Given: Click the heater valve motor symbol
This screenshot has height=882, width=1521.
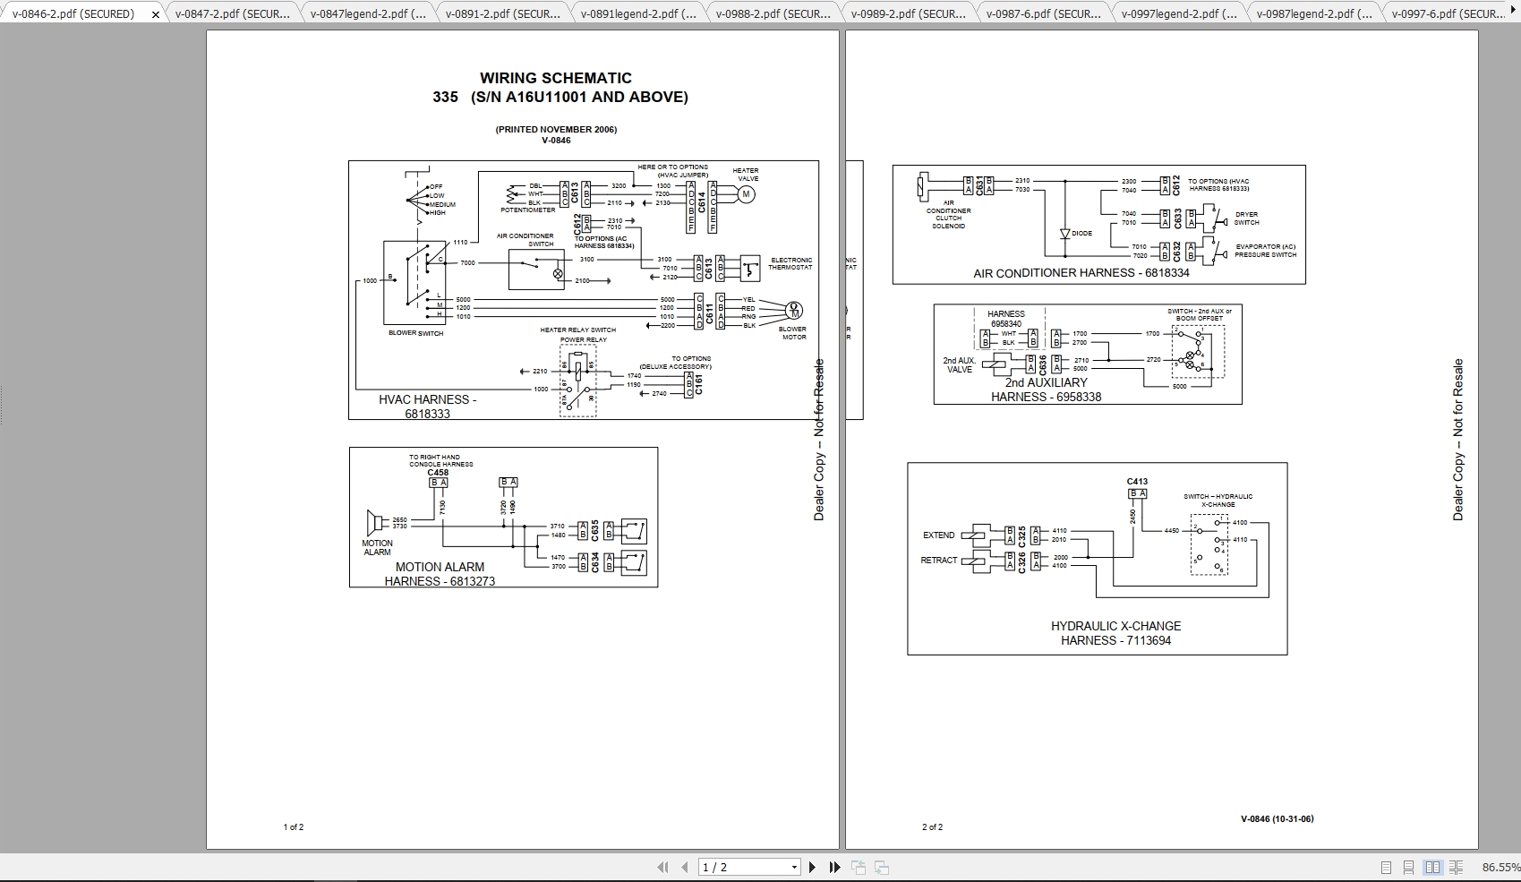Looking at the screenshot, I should pos(747,194).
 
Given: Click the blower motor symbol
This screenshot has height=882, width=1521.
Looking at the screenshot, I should pos(793,310).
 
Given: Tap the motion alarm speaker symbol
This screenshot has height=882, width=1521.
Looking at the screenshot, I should pos(374,523).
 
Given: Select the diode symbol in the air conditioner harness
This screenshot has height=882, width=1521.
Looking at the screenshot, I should pos(1065,234).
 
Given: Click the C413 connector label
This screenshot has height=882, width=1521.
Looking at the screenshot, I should pos(1137,482).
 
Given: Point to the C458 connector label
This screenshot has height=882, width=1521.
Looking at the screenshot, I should pos(438,473).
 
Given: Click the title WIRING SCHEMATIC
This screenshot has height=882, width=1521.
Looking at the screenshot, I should pos(555,79).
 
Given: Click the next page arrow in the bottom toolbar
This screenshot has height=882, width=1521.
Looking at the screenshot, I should pos(812,867).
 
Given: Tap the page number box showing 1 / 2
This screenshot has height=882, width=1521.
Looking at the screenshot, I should pos(750,867).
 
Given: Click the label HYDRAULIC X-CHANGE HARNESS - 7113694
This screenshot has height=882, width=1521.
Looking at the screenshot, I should pos(1115,633).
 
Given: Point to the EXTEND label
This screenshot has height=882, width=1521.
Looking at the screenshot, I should pos(938,535).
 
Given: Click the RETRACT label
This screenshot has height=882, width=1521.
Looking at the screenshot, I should pos(938,561).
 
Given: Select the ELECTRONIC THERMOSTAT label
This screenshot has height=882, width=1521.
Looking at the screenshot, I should pos(791,264).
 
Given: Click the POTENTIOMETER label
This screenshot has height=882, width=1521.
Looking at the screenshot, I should pos(528,210).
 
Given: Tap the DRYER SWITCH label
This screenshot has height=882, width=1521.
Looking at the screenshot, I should pos(1246,218).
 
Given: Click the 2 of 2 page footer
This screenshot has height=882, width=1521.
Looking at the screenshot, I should pos(932,827).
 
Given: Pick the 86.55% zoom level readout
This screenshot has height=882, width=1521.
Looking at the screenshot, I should pos(1500,867).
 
